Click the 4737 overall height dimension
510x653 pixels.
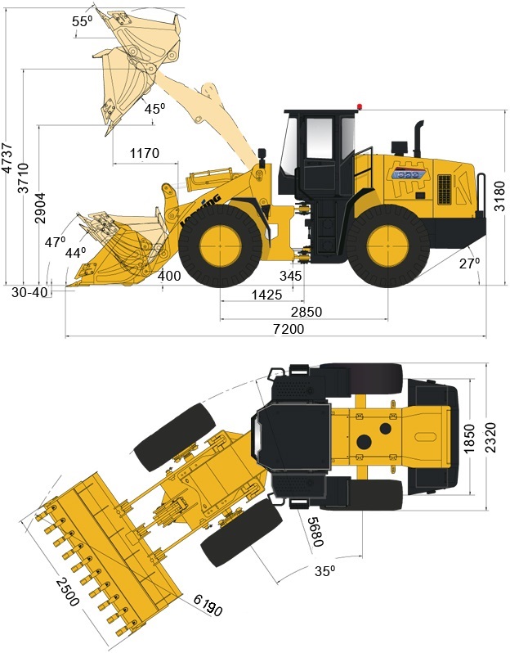pos(8,158)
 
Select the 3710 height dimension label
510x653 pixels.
pos(24,178)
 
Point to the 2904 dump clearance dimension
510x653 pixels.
pos(40,208)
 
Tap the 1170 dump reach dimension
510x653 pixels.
pos(145,153)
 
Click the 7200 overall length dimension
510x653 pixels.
pos(289,329)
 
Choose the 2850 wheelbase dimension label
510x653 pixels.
pos(306,312)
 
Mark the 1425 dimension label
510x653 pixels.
pos(266,295)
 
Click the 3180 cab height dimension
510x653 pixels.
pos(500,196)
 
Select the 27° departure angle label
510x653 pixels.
pos(470,263)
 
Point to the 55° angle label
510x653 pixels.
pos(82,21)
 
